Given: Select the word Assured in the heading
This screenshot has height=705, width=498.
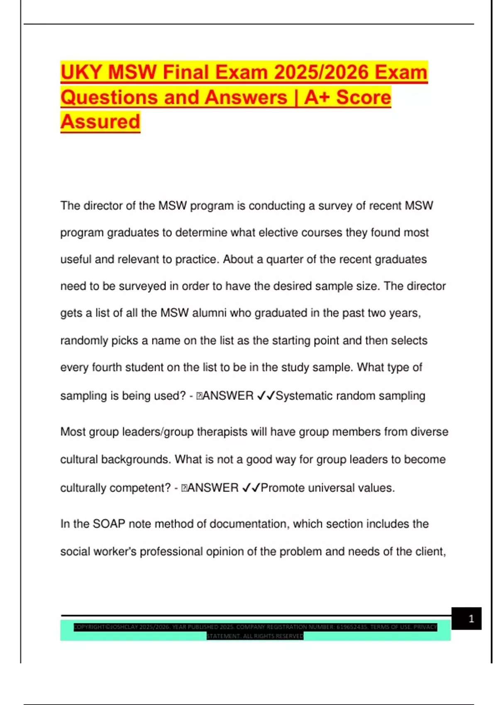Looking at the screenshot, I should tap(100, 122).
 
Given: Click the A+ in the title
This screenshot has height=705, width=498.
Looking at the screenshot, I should tap(317, 97).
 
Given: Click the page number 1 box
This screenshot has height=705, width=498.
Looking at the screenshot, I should tap(466, 619).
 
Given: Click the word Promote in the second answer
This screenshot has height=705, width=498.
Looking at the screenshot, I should tap(283, 488).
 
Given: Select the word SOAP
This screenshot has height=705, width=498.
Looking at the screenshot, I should tap(109, 524).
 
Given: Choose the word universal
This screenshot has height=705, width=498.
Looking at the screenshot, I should tap(331, 488).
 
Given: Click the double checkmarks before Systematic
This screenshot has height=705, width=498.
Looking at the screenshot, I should tap(266, 396).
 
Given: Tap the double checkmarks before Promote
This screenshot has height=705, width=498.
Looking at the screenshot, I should tap(251, 488).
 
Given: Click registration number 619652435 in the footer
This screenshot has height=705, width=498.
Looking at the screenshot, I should tap(352, 627).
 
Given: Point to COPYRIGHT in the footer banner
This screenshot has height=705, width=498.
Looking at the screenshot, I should tap(89, 627).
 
